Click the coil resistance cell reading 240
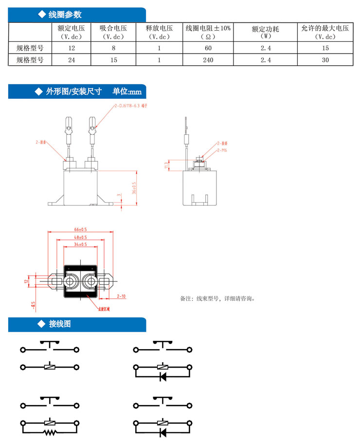point(208,60)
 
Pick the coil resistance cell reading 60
point(208,48)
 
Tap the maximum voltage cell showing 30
point(325,60)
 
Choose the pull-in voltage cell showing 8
point(113,48)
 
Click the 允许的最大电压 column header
point(325,32)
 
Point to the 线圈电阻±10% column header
point(208,32)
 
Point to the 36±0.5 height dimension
point(134,187)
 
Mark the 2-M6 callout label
point(221,150)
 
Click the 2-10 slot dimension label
point(121,296)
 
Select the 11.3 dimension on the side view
point(166,166)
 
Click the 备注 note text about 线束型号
point(217,298)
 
